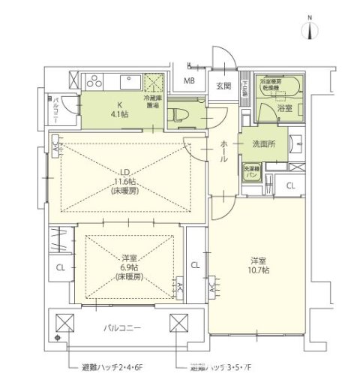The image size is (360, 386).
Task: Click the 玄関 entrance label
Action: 223,85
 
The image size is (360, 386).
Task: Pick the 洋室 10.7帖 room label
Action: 260,264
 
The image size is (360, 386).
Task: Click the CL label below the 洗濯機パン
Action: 289,186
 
